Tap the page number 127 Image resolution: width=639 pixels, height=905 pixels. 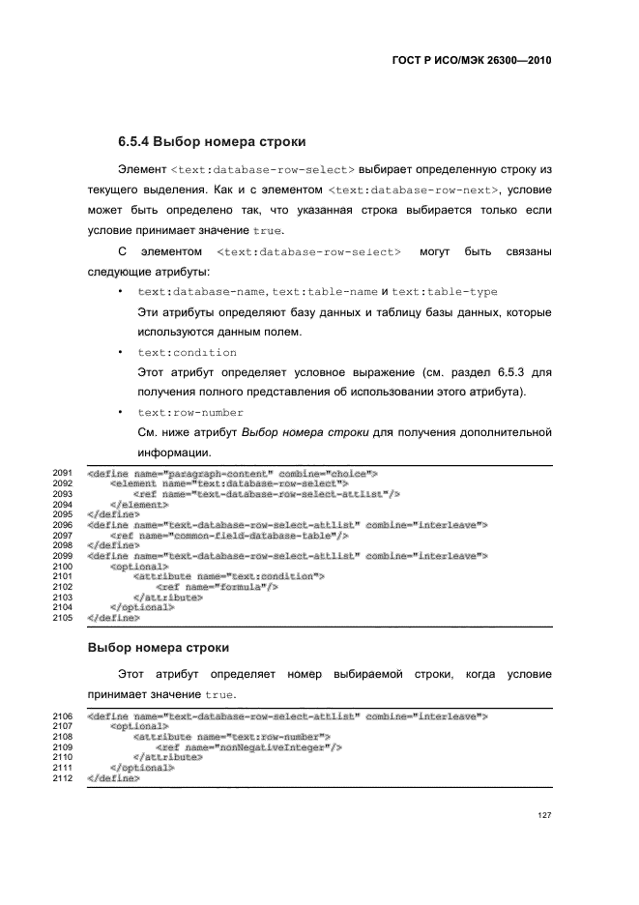(543, 815)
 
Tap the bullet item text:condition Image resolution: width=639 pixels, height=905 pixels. (187, 352)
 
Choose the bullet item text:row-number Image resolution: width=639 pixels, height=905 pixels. (192, 412)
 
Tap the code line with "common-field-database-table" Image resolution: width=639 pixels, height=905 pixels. (229, 535)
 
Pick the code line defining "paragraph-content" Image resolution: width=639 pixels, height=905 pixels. (231, 474)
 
